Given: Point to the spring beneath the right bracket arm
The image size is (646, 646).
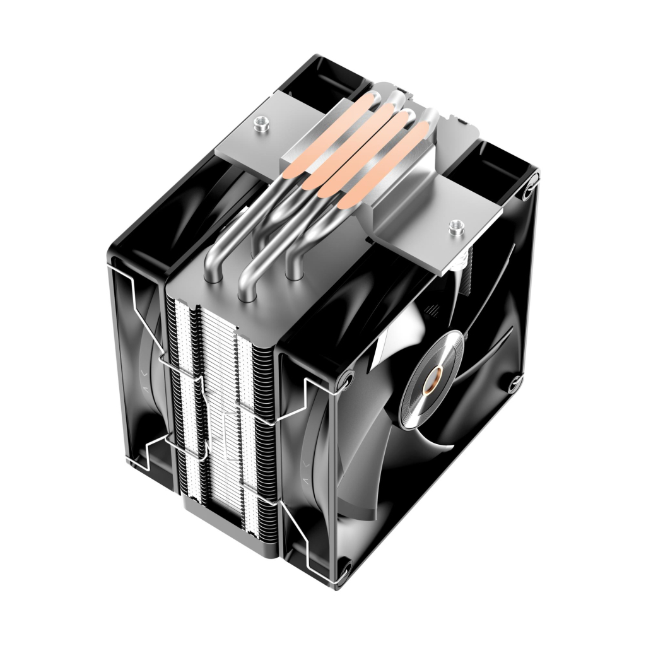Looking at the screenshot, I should (465, 265).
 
